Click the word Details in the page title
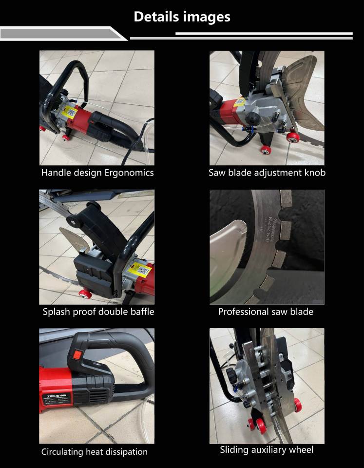[156, 17]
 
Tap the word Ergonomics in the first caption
[129, 173]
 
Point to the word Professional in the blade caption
[242, 312]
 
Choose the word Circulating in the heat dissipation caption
[62, 452]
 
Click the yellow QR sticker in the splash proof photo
[139, 269]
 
